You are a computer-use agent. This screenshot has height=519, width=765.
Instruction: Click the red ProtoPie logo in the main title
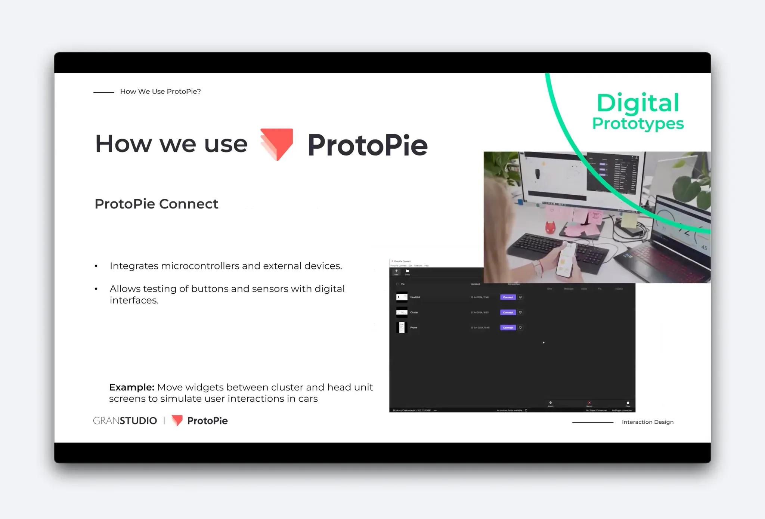coord(277,144)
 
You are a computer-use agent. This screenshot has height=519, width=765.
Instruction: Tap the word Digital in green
coord(638,103)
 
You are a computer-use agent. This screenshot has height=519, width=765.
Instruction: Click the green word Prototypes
coord(638,124)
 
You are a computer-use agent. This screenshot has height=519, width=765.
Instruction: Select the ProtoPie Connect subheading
coord(156,204)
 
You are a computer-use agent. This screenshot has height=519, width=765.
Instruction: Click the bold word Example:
coord(131,387)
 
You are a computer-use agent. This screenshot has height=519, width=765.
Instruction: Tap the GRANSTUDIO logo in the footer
coord(125,421)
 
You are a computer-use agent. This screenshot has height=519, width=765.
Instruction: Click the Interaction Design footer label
coord(647,422)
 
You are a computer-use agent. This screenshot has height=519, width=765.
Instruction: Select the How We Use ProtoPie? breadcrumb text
coord(160,92)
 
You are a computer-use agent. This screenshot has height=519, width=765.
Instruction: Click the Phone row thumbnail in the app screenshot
coord(402,328)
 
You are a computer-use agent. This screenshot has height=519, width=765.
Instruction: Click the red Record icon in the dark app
coord(589,403)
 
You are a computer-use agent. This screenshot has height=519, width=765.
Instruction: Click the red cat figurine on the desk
coord(549,227)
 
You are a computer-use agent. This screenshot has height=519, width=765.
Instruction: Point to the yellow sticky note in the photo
coord(629,220)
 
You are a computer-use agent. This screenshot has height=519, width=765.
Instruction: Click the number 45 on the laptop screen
coord(704,247)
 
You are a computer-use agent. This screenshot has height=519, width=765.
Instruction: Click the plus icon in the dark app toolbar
coord(396,271)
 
